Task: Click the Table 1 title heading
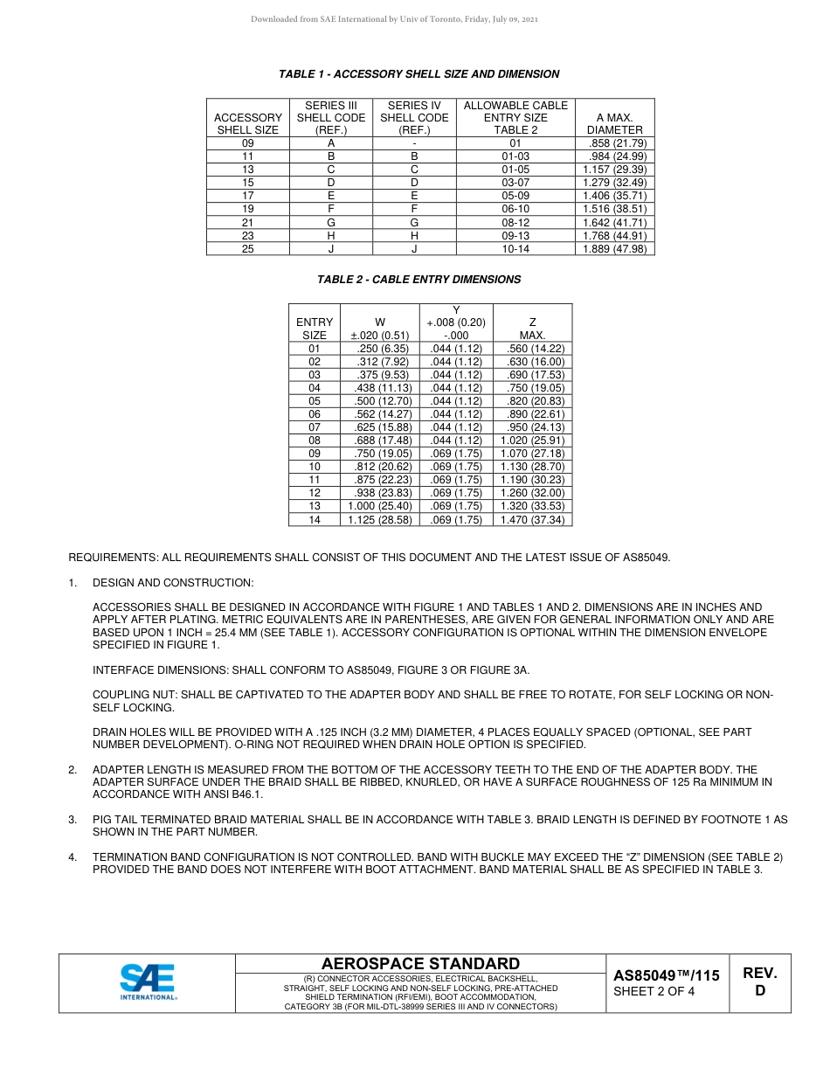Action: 418,74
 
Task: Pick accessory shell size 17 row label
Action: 247,197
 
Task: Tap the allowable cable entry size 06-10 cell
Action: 515,210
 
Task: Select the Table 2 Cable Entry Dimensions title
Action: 418,280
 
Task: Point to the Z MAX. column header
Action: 532,329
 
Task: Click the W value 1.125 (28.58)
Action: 380,520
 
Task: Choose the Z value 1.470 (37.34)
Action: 532,520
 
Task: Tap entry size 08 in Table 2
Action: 315,441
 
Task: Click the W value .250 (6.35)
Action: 380,349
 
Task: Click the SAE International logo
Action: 149,982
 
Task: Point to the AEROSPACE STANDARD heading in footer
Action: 420,963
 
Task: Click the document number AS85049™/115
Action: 666,975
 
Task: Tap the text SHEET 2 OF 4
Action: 654,992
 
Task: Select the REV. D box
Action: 759,981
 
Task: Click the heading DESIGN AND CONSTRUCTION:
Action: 173,582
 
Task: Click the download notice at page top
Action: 394,19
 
